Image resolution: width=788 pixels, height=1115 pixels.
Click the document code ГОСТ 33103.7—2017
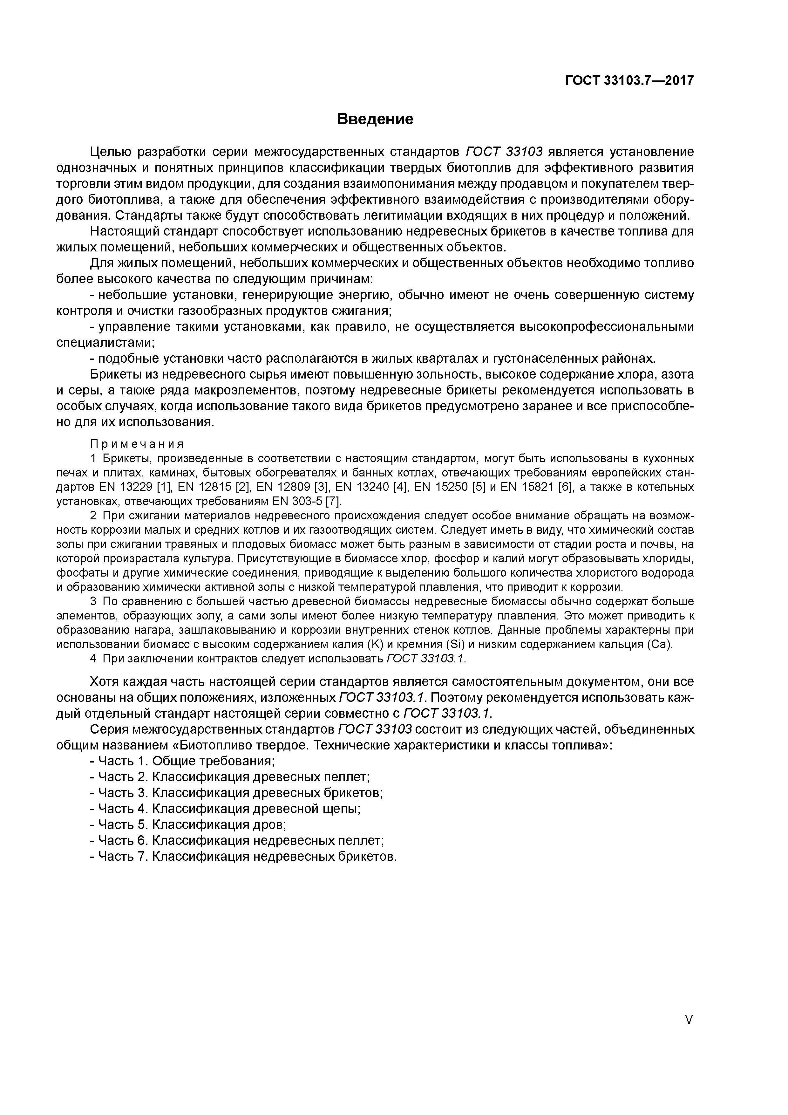(x=629, y=80)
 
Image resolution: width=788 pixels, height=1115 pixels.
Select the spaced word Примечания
(x=137, y=444)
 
